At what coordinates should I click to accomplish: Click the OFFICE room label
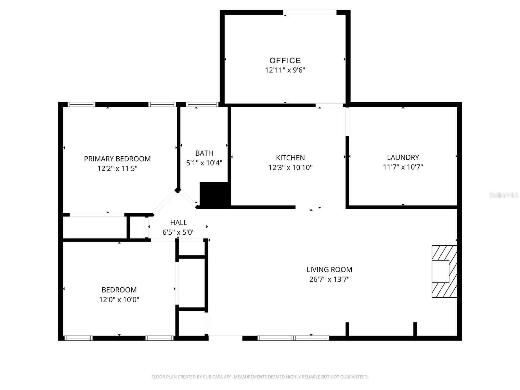click(285, 60)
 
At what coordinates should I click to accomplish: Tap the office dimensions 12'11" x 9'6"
click(285, 70)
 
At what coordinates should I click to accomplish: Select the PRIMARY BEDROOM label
click(117, 159)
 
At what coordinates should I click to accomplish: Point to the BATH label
click(204, 153)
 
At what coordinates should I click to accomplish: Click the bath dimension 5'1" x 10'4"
click(204, 163)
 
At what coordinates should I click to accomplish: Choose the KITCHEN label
click(290, 158)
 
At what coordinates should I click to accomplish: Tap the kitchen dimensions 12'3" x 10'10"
click(290, 168)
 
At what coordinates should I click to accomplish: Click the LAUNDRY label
click(403, 158)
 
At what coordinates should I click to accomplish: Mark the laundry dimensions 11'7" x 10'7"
click(403, 167)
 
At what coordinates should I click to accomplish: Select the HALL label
click(178, 223)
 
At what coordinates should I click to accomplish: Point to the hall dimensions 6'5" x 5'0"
click(178, 232)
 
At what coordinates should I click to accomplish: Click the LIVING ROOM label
click(329, 270)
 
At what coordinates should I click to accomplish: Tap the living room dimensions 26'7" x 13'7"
click(329, 279)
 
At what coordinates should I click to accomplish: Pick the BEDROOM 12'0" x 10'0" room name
click(119, 290)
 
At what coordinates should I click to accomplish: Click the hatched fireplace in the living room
click(444, 271)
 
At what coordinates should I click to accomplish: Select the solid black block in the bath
click(215, 194)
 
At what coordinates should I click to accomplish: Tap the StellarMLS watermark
click(503, 195)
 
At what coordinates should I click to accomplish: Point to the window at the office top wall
click(310, 12)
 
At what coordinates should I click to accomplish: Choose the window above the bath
click(202, 104)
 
